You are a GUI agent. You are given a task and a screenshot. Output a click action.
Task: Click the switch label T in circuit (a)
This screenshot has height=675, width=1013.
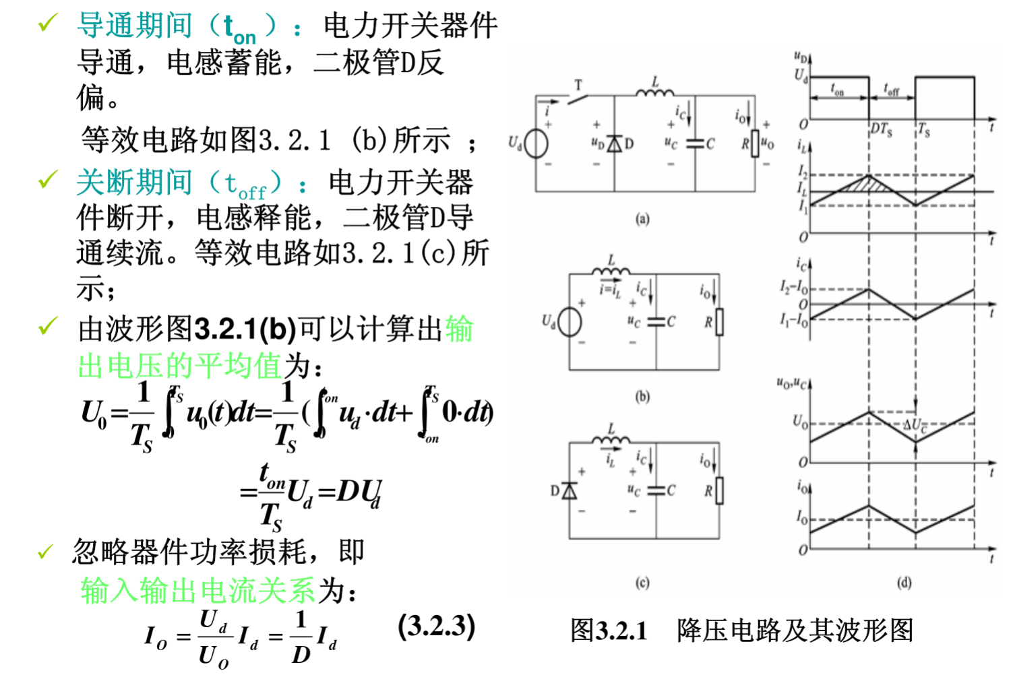[578, 85]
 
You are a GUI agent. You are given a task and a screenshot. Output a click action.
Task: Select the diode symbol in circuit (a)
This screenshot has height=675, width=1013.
[614, 144]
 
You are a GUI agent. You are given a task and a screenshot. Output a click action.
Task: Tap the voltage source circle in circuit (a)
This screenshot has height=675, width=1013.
[536, 143]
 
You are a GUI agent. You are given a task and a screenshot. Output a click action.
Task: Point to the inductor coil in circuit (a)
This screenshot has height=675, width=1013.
[654, 92]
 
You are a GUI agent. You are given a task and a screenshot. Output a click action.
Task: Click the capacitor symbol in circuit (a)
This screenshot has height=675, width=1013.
[695, 144]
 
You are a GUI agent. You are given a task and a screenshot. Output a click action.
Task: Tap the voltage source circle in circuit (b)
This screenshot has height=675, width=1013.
[570, 321]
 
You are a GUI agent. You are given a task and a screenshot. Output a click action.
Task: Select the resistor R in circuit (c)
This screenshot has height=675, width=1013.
[719, 490]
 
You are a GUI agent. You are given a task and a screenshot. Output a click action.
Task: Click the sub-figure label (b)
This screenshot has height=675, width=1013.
[642, 397]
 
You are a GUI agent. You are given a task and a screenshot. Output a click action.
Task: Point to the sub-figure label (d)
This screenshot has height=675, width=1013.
[904, 583]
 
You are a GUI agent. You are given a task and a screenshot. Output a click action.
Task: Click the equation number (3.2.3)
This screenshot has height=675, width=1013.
[436, 626]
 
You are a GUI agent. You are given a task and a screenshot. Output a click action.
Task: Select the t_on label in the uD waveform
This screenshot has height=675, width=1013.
[837, 90]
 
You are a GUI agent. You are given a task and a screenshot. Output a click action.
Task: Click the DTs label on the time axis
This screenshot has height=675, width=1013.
[881, 129]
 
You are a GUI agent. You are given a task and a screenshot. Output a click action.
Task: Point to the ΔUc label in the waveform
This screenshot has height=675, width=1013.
[915, 425]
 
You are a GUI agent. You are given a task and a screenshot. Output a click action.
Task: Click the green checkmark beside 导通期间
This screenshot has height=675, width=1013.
[47, 24]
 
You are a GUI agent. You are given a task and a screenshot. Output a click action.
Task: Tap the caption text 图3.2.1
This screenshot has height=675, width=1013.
[609, 631]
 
